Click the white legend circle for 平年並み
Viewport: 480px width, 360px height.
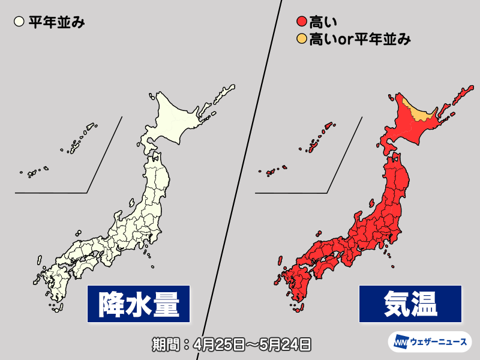(19, 23)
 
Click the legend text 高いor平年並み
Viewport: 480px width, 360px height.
(360, 40)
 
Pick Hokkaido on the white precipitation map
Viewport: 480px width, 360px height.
(174, 117)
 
